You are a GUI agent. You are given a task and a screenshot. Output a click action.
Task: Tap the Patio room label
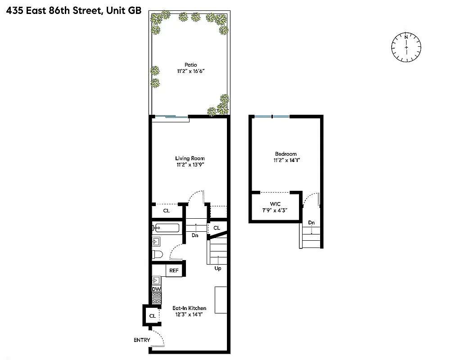coord(190,65)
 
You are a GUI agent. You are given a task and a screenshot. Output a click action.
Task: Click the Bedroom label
coord(285,153)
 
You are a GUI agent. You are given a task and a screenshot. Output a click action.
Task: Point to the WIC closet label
coord(275,204)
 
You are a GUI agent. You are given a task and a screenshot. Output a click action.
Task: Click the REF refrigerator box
coord(174,270)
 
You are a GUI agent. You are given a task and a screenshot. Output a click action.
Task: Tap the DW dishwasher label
coord(156,289)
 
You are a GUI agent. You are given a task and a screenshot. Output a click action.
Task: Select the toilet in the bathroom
coord(157,254)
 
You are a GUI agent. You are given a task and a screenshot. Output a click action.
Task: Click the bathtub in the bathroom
coord(166,228)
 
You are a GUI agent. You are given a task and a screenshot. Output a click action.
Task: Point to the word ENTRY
coord(141,340)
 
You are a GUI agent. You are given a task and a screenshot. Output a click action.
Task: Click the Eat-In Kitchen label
coord(190,308)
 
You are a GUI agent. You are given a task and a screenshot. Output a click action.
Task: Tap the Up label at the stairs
coord(217,269)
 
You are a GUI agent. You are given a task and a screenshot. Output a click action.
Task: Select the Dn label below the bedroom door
coord(311,223)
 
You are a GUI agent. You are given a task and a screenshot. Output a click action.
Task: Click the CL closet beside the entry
coord(152,316)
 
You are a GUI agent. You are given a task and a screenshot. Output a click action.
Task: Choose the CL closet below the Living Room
coord(166,211)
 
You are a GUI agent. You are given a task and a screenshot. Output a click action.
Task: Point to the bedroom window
coord(272,117)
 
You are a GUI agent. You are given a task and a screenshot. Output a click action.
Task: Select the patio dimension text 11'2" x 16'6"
coord(190,72)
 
